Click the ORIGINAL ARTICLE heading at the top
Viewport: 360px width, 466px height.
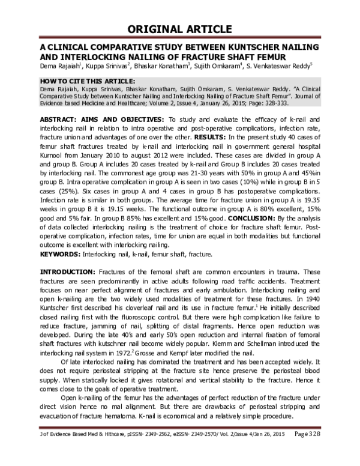click(179, 28)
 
